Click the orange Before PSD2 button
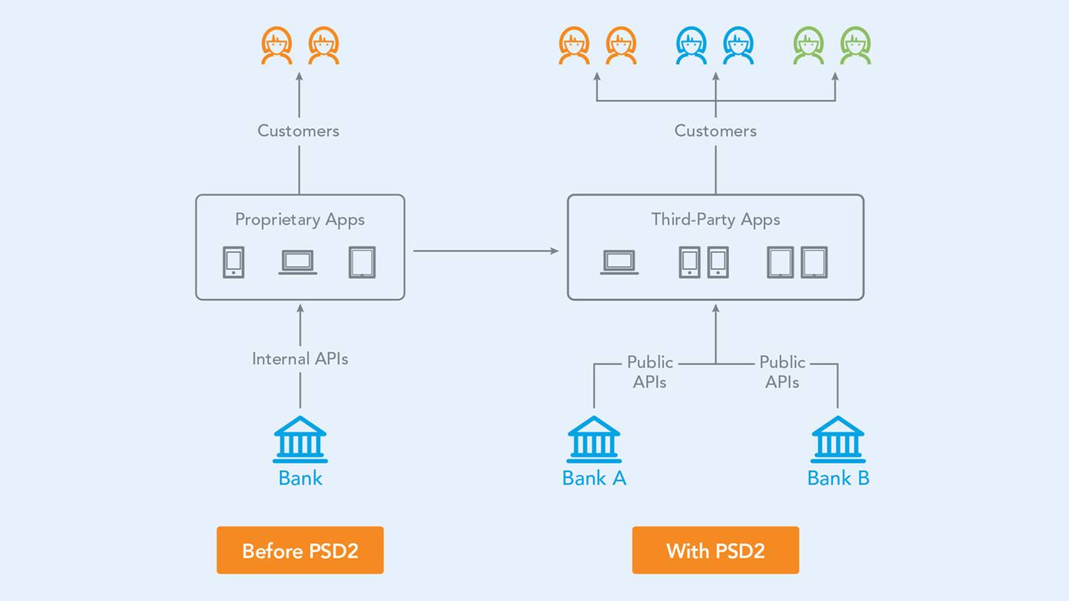tap(300, 551)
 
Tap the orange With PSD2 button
tap(715, 551)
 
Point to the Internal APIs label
tap(300, 359)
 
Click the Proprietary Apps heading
tap(300, 220)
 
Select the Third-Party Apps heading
tap(716, 220)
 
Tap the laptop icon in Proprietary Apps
tap(298, 262)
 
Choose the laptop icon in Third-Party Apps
tap(619, 262)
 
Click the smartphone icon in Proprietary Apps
tap(234, 262)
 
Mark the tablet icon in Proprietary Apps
tap(362, 262)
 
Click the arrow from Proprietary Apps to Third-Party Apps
tap(486, 251)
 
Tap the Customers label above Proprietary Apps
tap(298, 131)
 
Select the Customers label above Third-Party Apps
tap(716, 131)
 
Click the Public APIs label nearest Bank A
tap(650, 372)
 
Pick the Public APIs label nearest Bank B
tap(782, 372)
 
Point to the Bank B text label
tap(838, 478)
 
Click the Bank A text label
tap(594, 478)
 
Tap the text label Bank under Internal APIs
tap(300, 478)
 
